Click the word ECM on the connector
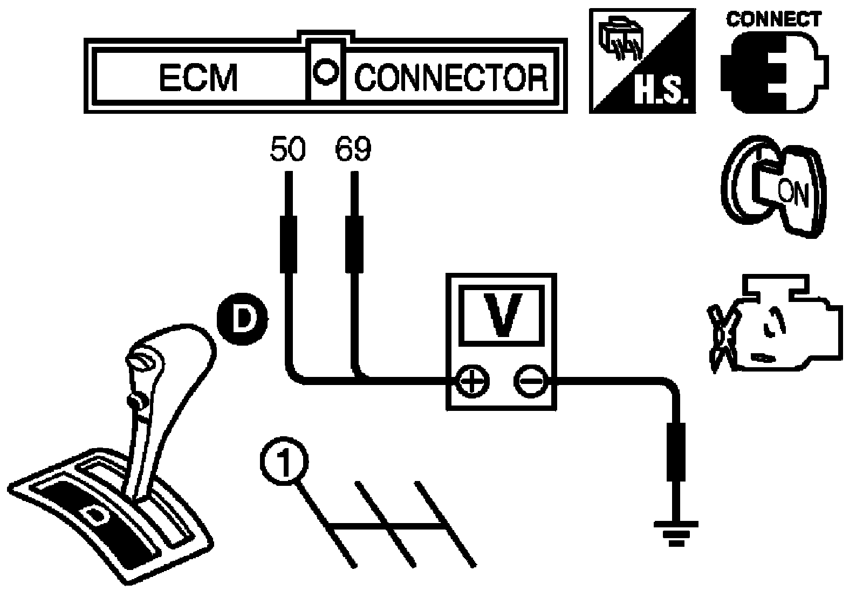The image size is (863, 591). pos(198,78)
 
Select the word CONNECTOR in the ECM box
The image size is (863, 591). pos(450,78)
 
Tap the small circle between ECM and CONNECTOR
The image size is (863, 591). pos(326,72)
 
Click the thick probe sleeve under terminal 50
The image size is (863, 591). pos(288,245)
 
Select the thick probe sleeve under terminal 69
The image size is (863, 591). pos(354,245)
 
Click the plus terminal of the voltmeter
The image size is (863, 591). pos(472,382)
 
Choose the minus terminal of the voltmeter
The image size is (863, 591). pos(531,382)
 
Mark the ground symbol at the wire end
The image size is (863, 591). pos(676,534)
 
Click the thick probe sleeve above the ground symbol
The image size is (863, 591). pos(676,452)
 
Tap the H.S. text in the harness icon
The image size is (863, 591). pos(661,91)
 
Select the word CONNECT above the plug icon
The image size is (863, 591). pos(773,19)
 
